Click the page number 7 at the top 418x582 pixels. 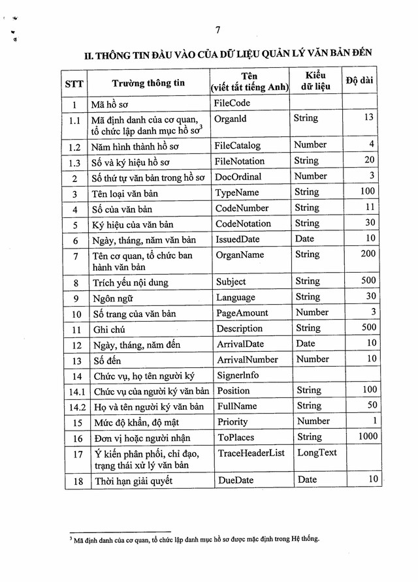pyautogui.click(x=217, y=29)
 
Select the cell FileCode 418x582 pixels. pyautogui.click(x=232, y=103)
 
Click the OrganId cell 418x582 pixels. pyautogui.click(x=231, y=119)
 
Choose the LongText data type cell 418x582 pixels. pyautogui.click(x=317, y=452)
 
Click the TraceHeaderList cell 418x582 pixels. pyautogui.click(x=251, y=453)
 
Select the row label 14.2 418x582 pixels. pyautogui.click(x=76, y=406)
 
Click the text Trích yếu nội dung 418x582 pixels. pyautogui.click(x=130, y=283)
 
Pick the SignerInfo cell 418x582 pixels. pyautogui.click(x=238, y=375)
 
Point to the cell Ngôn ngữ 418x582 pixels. pyautogui.click(x=112, y=298)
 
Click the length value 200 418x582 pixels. pyautogui.click(x=368, y=253)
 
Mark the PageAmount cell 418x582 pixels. pyautogui.click(x=242, y=313)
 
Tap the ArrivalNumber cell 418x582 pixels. pyautogui.click(x=248, y=360)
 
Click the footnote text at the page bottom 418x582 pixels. pyautogui.click(x=195, y=540)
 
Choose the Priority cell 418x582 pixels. pyautogui.click(x=233, y=421)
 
